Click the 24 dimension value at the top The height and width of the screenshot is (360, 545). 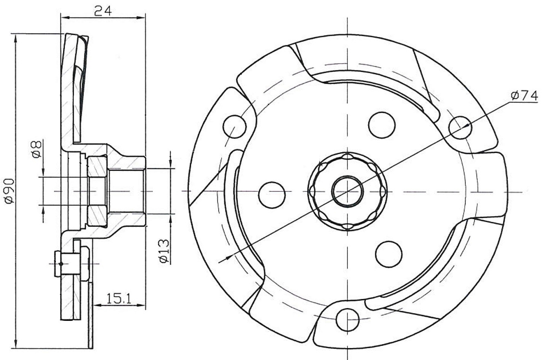coord(103,11)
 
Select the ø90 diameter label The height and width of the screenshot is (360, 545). coord(10,191)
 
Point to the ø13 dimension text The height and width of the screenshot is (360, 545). coord(164,251)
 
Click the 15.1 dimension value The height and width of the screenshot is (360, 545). coord(119,299)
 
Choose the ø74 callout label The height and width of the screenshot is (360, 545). coord(524,96)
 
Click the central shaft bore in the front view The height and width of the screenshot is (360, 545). coord(348,191)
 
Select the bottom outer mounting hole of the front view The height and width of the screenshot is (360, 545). coord(347,320)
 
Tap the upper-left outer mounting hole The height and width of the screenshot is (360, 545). coord(234,127)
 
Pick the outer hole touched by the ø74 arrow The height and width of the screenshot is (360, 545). coord(461,127)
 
